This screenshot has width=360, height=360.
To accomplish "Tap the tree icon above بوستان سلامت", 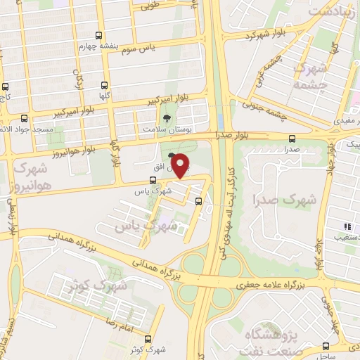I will (167, 119).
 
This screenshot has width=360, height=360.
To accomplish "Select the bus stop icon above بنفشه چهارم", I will (98, 36).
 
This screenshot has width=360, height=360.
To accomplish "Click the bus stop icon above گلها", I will (105, 84).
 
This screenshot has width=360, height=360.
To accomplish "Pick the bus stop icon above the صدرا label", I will (292, 138).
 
